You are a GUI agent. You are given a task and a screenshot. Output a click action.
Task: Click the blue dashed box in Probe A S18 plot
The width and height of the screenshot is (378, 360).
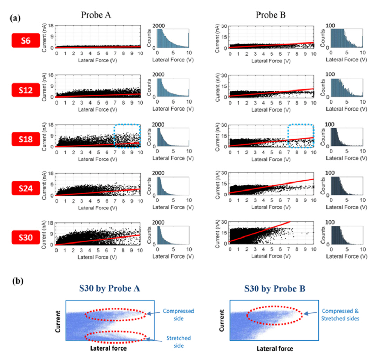(x=127, y=135)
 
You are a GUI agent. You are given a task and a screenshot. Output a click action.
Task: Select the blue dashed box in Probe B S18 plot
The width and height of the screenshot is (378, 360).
(x=301, y=135)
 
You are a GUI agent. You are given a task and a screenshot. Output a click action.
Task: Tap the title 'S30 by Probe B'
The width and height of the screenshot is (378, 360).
(x=274, y=288)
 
